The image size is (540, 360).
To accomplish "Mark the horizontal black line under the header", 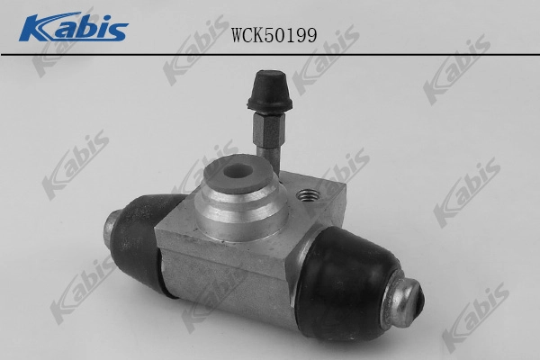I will [270, 54].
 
